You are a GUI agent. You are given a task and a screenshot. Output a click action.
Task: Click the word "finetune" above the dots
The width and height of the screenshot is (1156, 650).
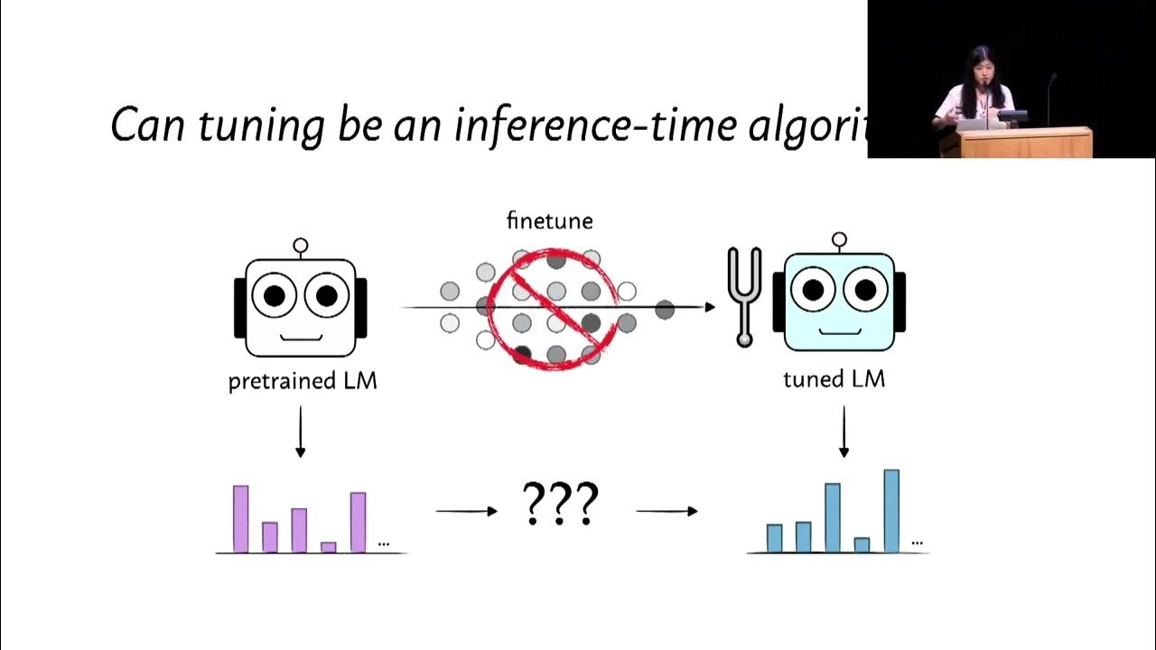tap(549, 221)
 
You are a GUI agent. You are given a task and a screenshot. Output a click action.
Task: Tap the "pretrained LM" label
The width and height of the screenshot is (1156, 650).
tap(303, 381)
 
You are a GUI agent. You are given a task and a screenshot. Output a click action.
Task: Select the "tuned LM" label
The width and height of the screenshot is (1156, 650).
tap(834, 379)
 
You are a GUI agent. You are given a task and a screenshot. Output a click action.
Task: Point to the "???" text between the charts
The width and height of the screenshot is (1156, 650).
tap(561, 505)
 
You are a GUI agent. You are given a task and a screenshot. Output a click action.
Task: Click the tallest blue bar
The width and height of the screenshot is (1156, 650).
tap(891, 511)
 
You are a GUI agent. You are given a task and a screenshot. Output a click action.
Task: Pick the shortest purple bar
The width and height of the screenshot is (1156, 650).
tap(329, 547)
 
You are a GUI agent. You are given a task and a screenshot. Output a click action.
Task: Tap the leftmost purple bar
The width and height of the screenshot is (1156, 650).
tap(241, 519)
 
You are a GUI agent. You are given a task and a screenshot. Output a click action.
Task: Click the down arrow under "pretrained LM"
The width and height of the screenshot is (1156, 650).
tap(301, 432)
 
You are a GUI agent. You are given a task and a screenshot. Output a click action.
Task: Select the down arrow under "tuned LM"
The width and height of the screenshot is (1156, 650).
tap(844, 432)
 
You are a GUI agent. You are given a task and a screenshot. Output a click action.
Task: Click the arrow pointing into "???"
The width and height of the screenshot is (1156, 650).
tap(466, 511)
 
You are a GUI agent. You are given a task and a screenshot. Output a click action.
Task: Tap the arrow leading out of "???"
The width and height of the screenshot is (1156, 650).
tap(667, 511)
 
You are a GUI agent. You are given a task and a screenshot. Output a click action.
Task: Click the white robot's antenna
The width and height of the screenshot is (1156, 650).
tap(301, 246)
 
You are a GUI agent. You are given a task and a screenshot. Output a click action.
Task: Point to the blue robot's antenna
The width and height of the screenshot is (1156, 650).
tap(839, 240)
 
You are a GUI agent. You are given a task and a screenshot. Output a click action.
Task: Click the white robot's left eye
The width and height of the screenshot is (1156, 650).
tap(274, 295)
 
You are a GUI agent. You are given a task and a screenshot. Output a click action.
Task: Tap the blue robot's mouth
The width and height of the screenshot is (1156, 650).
tap(839, 331)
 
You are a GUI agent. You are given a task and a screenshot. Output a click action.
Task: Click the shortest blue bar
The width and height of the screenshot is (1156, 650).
tap(862, 545)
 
